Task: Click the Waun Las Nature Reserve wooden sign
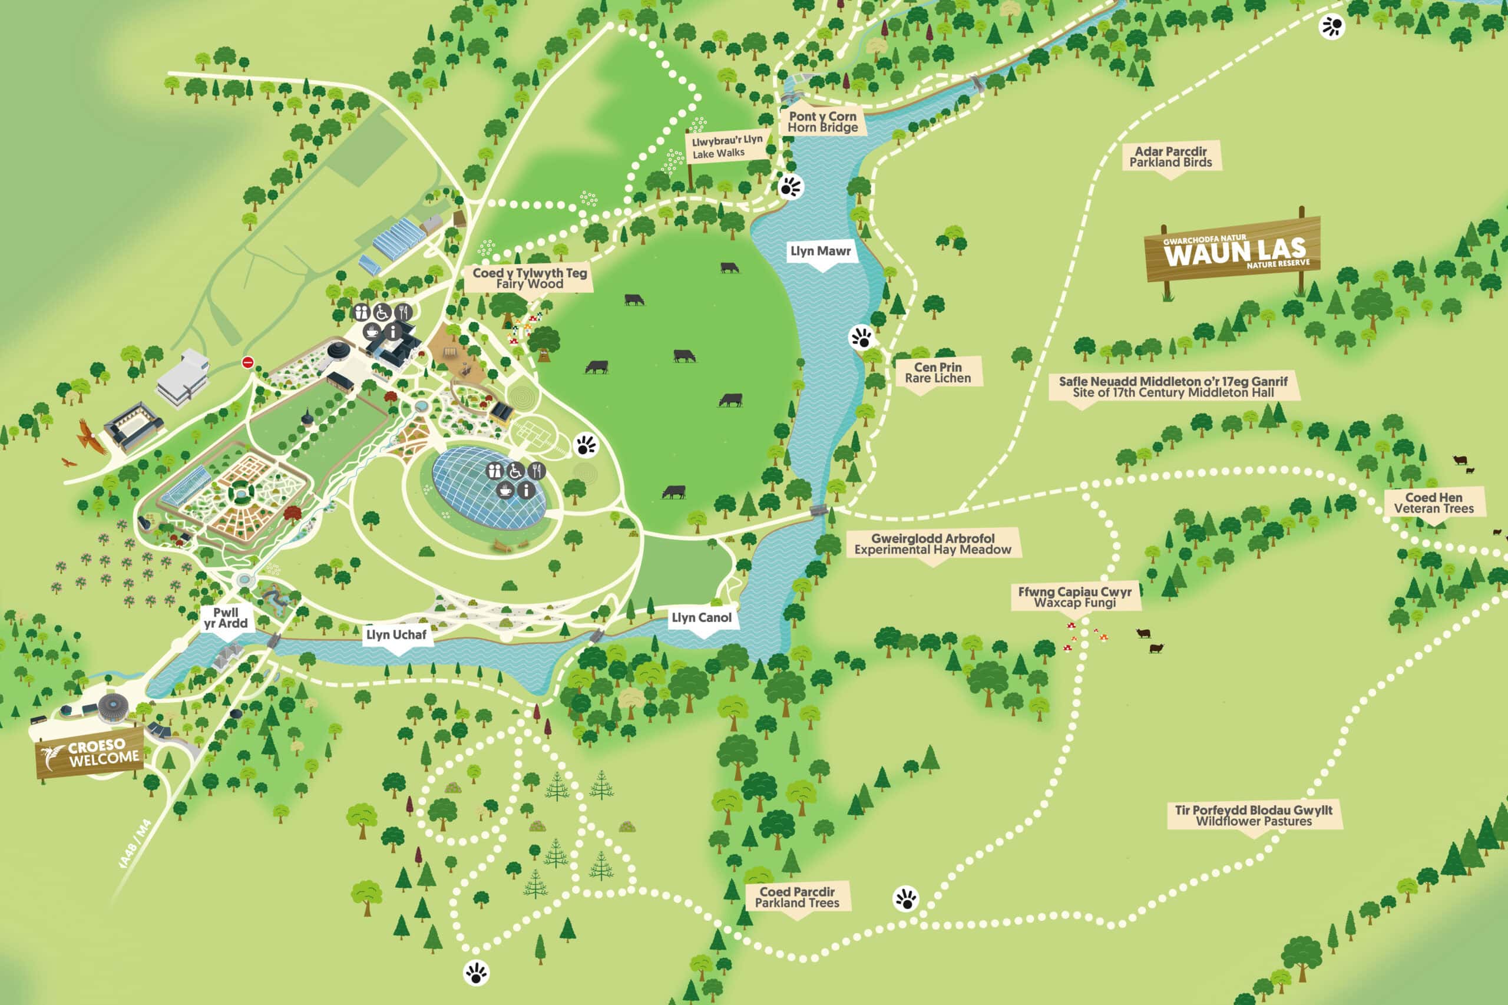click(x=1232, y=250)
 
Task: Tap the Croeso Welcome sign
click(x=90, y=752)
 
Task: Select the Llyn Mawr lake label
click(x=821, y=251)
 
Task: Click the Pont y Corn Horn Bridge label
click(x=822, y=122)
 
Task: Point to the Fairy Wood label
click(x=530, y=278)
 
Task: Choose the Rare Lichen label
click(x=938, y=372)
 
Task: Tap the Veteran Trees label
click(x=1434, y=503)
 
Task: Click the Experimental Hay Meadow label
click(x=932, y=544)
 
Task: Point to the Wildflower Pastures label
click(x=1254, y=815)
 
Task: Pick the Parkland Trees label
click(x=796, y=897)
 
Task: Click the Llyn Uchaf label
click(x=395, y=634)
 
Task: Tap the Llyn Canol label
click(x=701, y=618)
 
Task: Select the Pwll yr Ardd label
click(x=226, y=618)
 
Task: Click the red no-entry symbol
click(x=248, y=363)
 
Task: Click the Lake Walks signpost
click(x=727, y=147)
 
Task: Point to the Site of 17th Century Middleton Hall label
click(x=1173, y=386)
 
